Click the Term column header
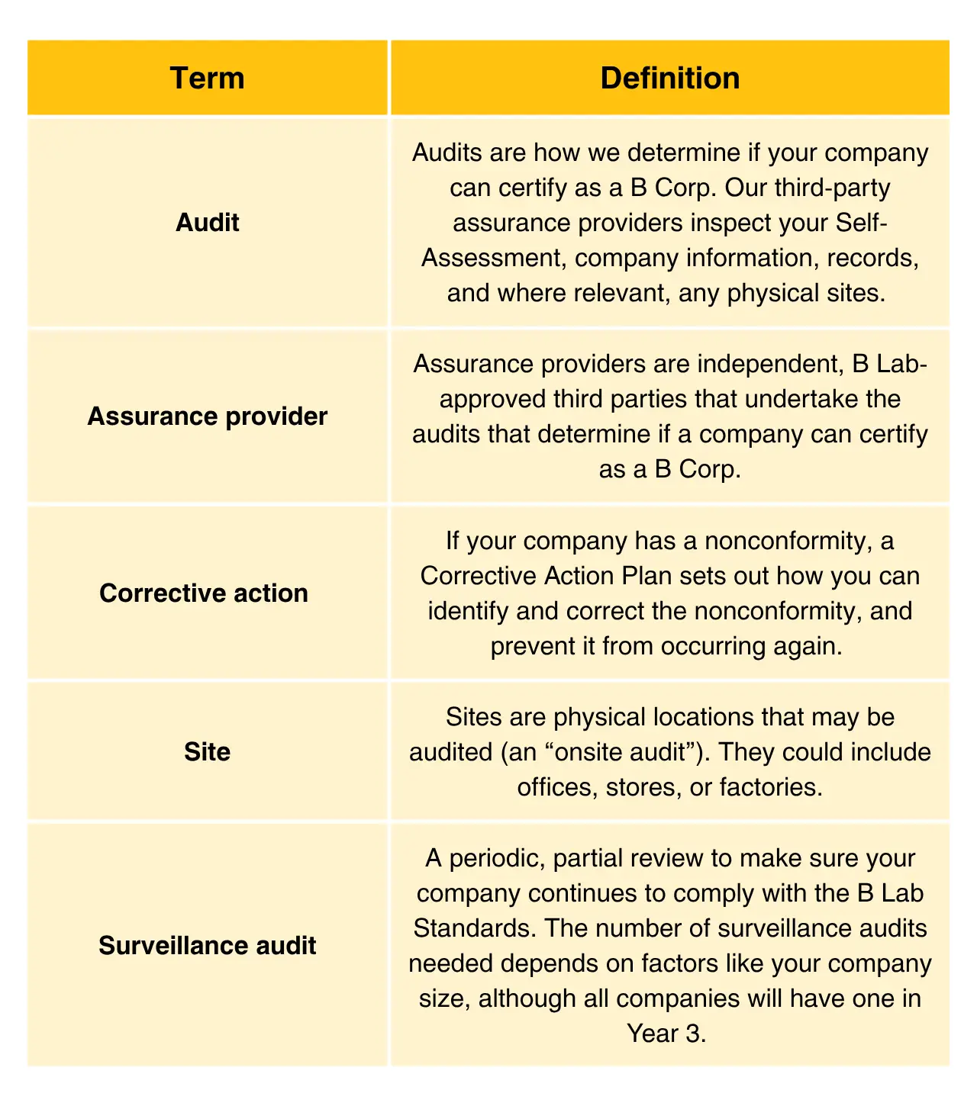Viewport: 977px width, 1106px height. [207, 79]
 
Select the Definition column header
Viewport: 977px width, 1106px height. [669, 79]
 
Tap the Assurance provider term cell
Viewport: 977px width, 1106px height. [207, 416]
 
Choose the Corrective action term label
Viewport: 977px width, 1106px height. [204, 593]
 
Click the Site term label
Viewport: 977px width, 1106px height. [207, 752]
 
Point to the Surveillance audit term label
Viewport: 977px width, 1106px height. [207, 946]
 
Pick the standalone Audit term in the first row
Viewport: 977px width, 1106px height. [207, 223]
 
